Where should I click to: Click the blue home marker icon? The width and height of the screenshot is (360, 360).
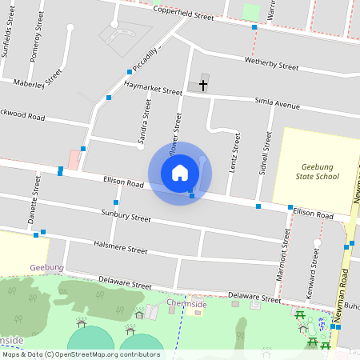180,173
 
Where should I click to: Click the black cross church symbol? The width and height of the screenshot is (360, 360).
203,84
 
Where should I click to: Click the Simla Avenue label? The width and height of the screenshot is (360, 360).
276,104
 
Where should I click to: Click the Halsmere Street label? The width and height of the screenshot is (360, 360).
120,247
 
